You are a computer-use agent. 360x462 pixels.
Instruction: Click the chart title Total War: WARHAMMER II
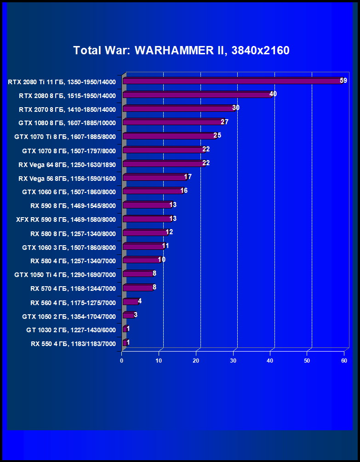[181, 50]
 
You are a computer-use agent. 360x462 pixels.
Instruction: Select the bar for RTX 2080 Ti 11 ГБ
[232, 81]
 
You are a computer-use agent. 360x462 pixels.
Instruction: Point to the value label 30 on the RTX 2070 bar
[236, 108]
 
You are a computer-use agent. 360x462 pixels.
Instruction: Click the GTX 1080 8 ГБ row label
[67, 123]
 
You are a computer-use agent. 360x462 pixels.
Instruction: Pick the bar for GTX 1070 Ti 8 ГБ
[169, 136]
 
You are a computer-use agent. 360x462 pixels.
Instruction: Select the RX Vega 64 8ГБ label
[67, 164]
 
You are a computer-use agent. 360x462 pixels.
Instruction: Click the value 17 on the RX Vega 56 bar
[188, 177]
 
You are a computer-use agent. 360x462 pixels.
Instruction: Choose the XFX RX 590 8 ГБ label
[66, 219]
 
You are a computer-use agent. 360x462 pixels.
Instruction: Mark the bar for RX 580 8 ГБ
[145, 233]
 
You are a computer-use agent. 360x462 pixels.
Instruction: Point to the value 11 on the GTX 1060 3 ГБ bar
[166, 246]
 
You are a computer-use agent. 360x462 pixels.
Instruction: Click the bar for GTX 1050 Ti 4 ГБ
[137, 274]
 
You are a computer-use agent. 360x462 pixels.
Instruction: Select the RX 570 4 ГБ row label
[73, 289]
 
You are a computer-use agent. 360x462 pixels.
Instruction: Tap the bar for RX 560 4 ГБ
[130, 302]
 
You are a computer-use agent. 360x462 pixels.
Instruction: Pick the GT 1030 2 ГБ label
[71, 330]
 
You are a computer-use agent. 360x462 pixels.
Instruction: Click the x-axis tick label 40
[269, 361]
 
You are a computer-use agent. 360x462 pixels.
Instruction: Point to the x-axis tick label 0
[122, 361]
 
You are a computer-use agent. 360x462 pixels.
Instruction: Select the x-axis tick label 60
[344, 361]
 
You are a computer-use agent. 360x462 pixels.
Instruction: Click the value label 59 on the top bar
[343, 81]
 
